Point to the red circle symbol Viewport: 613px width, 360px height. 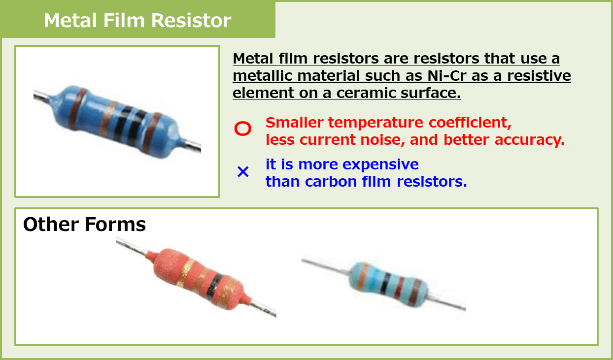(x=242, y=129)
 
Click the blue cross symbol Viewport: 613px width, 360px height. (x=243, y=172)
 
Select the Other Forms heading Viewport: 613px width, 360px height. (x=84, y=225)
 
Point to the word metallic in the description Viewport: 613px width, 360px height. (x=264, y=76)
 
